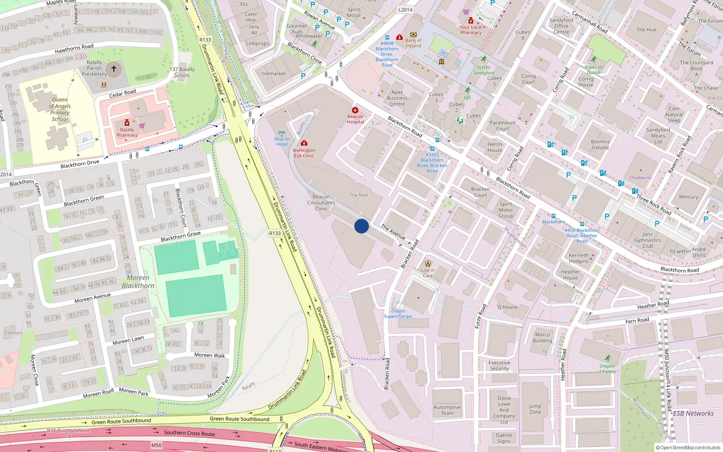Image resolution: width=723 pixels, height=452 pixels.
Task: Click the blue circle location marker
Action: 361,226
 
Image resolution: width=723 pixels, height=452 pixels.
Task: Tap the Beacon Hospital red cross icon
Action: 355,110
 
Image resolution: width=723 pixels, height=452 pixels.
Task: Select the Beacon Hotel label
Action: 282,141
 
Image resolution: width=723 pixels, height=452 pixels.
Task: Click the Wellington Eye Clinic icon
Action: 304,143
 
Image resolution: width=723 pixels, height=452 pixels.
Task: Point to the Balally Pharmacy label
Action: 127,132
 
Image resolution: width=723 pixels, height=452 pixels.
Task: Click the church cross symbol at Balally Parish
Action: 114,69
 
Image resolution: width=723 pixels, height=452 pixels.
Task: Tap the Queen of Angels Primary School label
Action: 60,109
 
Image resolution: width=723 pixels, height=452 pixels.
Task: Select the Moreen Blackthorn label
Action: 138,282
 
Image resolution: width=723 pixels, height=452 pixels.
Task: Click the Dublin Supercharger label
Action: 398,314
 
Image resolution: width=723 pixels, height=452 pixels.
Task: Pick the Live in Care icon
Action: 428,264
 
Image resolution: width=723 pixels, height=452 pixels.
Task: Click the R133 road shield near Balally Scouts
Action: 205,40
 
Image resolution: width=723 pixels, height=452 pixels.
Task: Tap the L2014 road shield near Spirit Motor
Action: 405,9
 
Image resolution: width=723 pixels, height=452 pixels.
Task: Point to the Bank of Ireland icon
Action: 413,34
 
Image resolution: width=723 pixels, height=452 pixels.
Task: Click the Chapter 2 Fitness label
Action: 608,369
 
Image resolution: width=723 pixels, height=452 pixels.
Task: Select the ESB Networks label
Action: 694,413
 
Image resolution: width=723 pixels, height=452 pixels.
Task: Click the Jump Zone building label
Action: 535,409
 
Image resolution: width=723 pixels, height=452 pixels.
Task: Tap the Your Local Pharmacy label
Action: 471,30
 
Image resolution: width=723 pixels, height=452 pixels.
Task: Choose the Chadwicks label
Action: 640,178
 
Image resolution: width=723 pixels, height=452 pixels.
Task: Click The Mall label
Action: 359,195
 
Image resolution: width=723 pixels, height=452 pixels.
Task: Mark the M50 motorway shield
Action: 156,445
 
